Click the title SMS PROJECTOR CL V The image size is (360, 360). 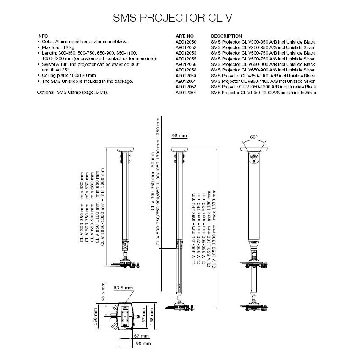pos(173,18)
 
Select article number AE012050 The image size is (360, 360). pos(186,42)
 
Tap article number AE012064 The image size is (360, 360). pos(186,93)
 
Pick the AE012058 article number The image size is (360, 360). pos(186,70)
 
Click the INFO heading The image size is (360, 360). pos(42,36)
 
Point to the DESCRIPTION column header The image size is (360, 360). pos(226,36)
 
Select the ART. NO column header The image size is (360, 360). pos(184,36)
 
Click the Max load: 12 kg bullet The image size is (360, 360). pos(58,47)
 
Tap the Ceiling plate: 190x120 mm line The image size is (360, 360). pos(69,76)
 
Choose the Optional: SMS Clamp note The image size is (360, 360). pos(72,93)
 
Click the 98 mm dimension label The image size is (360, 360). pos(179,136)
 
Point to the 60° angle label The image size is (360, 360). pos(254,137)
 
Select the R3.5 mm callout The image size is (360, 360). pos(123,288)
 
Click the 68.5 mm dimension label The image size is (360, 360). pos(103,292)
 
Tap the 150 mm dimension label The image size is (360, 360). pos(96,316)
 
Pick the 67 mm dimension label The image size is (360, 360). pos(141,336)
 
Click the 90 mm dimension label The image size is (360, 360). pos(143,344)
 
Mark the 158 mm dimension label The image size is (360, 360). pos(151,316)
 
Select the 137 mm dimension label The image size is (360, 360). pos(144,316)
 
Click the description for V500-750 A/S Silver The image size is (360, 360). pos(263,59)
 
